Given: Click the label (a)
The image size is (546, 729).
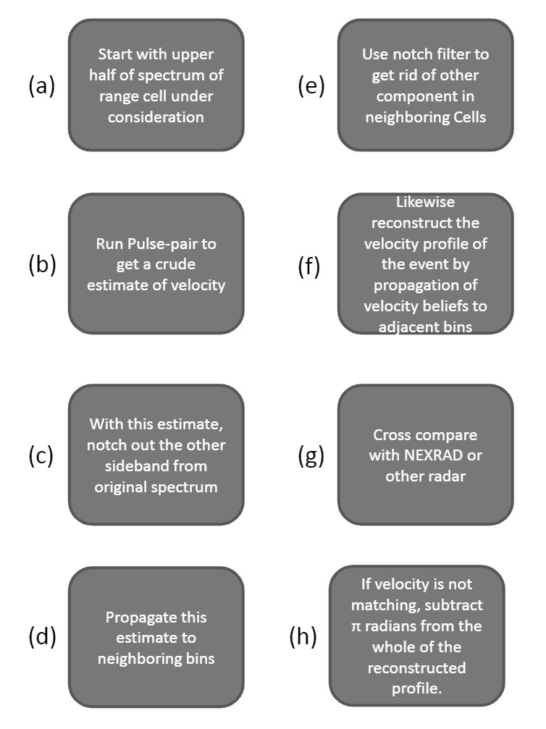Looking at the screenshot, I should click(42, 86).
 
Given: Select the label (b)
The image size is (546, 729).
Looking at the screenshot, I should click(42, 265).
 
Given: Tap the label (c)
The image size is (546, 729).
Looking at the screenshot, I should click(41, 456).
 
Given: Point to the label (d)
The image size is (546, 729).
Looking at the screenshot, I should click(42, 637).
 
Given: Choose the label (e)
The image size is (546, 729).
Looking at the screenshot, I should click(311, 86).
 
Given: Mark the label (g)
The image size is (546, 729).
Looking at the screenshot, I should click(311, 456).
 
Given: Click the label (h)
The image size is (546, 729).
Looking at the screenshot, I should click(303, 637).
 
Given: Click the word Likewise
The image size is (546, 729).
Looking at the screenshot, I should click(425, 203).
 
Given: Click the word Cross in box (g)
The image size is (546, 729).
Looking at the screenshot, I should click(393, 436).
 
